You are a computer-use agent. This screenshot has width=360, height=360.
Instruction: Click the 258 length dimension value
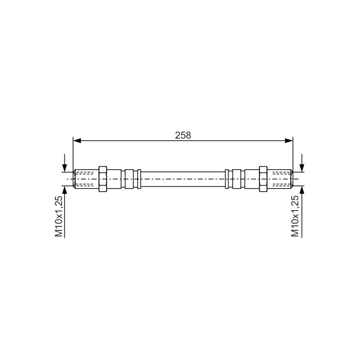pos(183,135)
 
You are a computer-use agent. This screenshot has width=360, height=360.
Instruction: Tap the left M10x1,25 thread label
pos(58,216)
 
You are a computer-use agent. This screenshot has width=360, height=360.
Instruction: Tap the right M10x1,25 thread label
pos(295,216)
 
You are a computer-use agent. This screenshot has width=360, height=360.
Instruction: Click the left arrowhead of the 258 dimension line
pos(77,141)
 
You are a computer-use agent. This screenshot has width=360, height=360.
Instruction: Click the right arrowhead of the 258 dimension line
pos(289,141)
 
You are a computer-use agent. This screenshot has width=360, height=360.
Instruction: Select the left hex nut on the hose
pos(103,179)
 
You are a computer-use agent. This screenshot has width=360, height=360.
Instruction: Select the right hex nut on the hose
pos(263,179)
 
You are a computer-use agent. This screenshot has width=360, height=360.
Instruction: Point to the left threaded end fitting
pos(86,179)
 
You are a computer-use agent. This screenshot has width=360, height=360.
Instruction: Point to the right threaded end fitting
pos(280,179)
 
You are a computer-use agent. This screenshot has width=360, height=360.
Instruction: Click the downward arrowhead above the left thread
pos(65,167)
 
